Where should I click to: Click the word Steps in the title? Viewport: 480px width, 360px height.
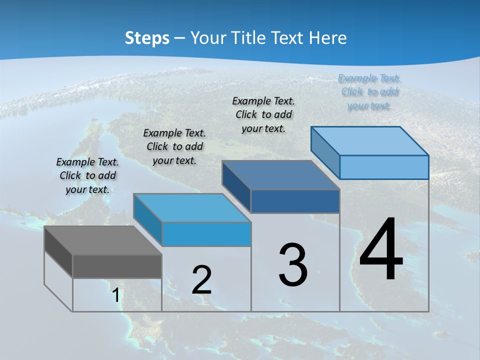click(147, 38)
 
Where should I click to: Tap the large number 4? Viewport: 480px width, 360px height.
click(381, 250)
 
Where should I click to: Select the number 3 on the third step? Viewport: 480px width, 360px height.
click(293, 265)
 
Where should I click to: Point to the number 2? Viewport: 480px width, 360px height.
click(202, 280)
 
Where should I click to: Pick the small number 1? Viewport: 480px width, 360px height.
click(116, 295)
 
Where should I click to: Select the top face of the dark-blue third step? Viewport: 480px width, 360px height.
click(280, 175)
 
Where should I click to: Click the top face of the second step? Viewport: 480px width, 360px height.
click(192, 207)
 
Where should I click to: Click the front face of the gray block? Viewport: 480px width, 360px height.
click(117, 266)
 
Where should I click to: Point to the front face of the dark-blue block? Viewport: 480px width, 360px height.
click(295, 201)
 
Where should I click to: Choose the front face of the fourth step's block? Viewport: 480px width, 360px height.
click(384, 167)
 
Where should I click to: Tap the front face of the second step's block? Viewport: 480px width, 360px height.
click(206, 234)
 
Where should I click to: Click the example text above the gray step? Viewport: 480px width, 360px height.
click(88, 175)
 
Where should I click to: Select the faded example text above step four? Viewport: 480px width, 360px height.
click(369, 91)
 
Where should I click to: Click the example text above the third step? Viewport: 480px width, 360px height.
click(264, 114)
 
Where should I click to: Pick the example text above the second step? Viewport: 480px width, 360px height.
click(174, 146)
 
